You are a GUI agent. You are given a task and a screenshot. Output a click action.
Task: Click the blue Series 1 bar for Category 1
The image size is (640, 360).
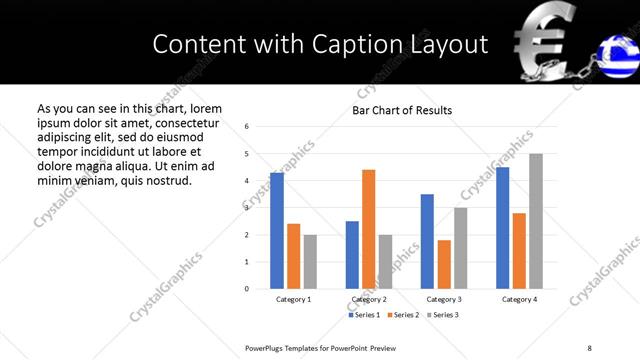point(277,231)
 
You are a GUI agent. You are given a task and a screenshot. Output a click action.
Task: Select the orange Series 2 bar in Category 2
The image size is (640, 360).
point(368,229)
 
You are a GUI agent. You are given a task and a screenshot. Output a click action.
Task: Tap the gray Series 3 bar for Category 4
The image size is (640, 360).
point(536,221)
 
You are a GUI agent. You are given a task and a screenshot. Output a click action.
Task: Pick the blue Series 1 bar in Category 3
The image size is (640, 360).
point(427,241)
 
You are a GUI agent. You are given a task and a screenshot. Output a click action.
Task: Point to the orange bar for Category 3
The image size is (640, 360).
point(444,264)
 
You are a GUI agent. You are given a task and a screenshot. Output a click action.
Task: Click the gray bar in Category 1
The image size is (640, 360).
point(310,262)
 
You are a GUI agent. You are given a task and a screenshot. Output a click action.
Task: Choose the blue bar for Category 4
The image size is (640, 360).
point(502,228)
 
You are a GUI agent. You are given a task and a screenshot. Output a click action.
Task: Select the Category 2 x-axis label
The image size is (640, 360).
point(368,299)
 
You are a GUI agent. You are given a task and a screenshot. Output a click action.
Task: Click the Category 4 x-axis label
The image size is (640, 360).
point(519,299)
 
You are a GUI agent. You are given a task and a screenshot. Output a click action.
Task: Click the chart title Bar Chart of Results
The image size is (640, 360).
point(402,110)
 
